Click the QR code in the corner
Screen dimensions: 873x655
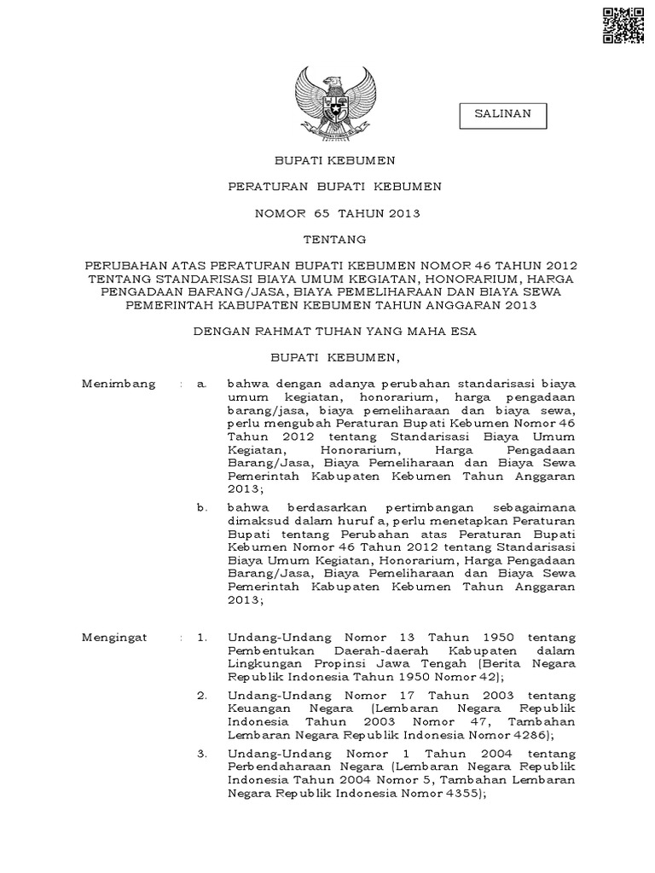click(623, 25)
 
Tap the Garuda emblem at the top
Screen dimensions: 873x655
click(333, 103)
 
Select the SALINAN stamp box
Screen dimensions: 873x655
click(502, 114)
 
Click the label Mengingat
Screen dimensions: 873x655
click(114, 637)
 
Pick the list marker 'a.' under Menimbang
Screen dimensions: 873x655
click(202, 384)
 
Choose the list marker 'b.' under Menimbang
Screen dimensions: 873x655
click(202, 507)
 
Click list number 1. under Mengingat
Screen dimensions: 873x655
click(202, 637)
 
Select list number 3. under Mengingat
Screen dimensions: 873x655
click(202, 754)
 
